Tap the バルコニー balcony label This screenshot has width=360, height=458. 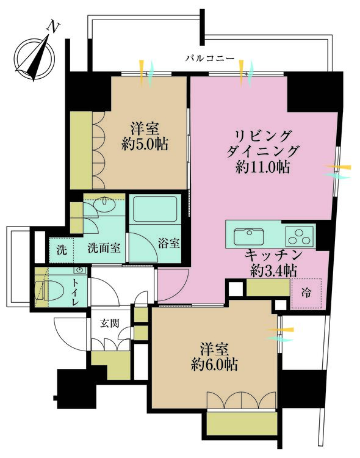210,59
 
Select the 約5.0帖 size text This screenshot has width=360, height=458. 145,145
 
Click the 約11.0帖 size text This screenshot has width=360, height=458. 262,166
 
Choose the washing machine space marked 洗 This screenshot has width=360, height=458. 61,249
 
